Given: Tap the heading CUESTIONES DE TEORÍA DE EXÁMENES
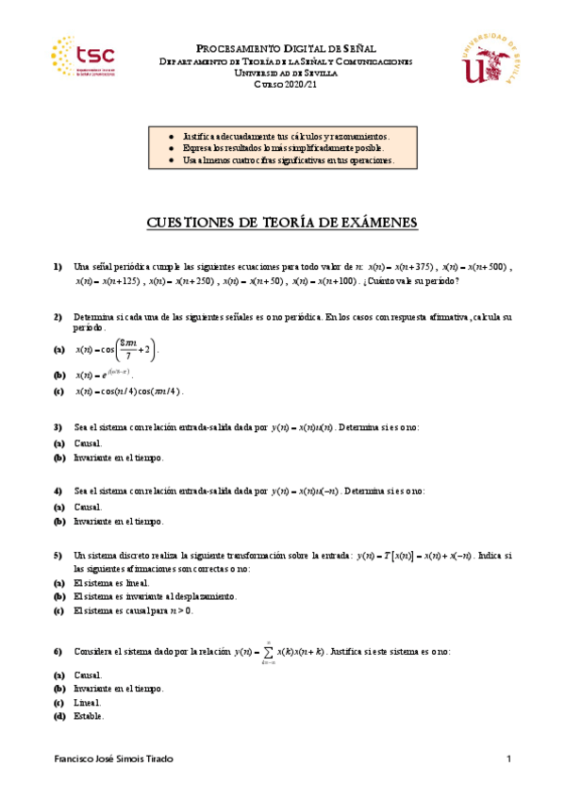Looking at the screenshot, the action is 282,222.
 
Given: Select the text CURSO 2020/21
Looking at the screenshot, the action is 282,85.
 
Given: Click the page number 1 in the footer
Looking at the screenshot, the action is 507,759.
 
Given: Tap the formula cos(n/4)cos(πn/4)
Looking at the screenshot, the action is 128,392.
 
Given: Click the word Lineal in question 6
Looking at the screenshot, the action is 87,703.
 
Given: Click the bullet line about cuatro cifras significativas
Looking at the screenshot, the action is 287,161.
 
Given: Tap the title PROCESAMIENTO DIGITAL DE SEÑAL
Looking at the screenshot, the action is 284,47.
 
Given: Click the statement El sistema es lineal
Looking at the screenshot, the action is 110,583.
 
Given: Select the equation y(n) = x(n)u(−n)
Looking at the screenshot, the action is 305,492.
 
